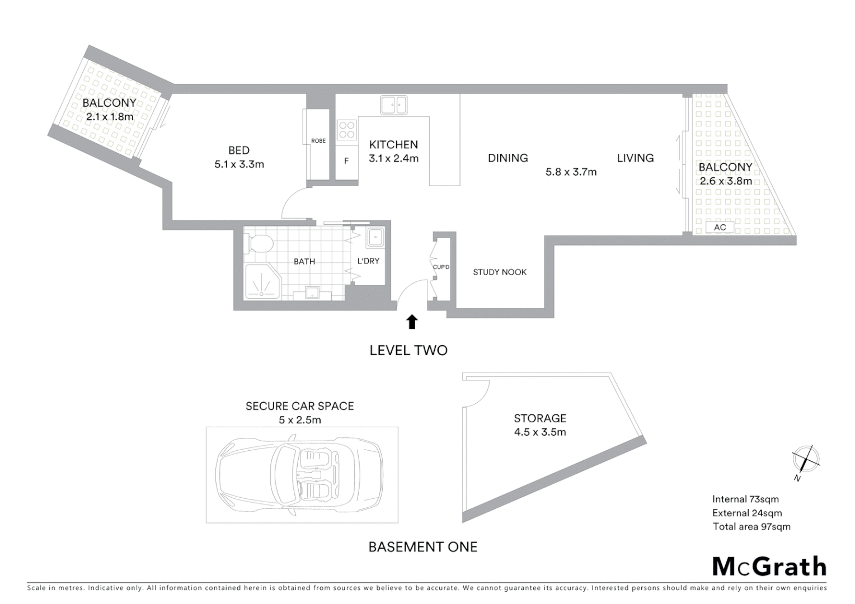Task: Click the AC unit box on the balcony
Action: coord(720,227)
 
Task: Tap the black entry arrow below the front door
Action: coord(412,322)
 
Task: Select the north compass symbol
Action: coord(806,460)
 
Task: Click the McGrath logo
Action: coord(769,567)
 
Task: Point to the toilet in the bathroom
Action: coord(260,243)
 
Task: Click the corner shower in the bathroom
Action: coord(261,282)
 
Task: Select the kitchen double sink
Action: coord(393,105)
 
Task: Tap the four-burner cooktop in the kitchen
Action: coord(347,130)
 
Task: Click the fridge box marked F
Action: coord(346,161)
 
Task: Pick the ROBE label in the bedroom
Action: coord(318,141)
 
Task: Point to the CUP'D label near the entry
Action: coord(441,267)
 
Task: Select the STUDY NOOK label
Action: coord(500,272)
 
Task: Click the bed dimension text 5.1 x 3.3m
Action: coord(239,164)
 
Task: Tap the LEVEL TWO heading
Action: coord(408,351)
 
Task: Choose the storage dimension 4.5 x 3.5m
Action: coord(540,432)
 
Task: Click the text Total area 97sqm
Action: coord(751,526)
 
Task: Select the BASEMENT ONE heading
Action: coord(423,547)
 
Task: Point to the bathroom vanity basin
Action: coord(313,292)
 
